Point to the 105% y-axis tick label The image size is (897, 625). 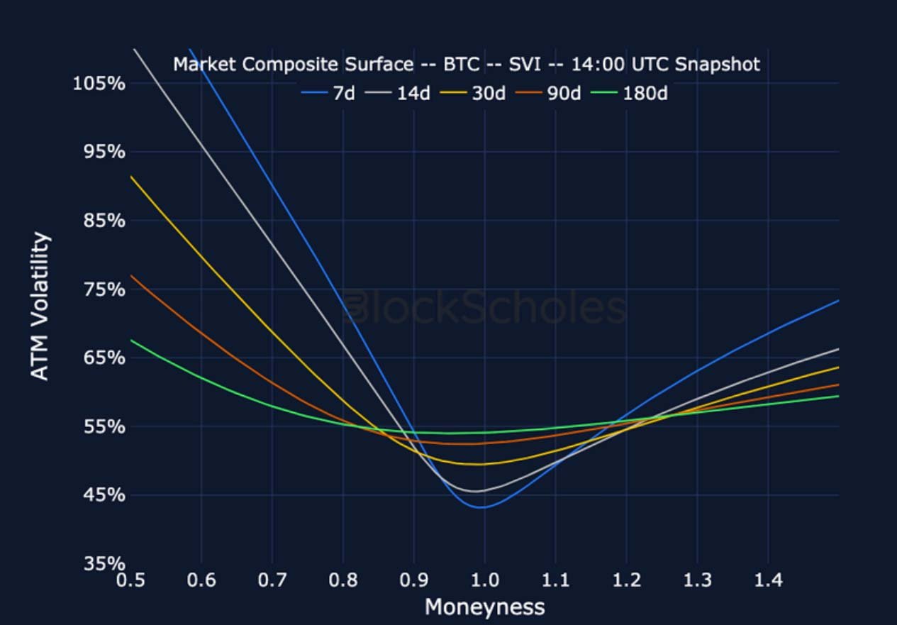[99, 84]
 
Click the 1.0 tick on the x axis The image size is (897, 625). [485, 581]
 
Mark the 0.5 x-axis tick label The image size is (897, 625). [131, 581]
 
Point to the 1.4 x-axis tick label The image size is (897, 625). [768, 581]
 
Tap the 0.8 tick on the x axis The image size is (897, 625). [343, 581]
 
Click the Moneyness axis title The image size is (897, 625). [484, 607]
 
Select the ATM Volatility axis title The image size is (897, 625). [41, 306]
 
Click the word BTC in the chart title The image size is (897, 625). [462, 65]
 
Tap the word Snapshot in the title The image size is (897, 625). [717, 65]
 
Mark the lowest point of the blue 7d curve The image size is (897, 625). [481, 507]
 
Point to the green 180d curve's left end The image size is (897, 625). [132, 340]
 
